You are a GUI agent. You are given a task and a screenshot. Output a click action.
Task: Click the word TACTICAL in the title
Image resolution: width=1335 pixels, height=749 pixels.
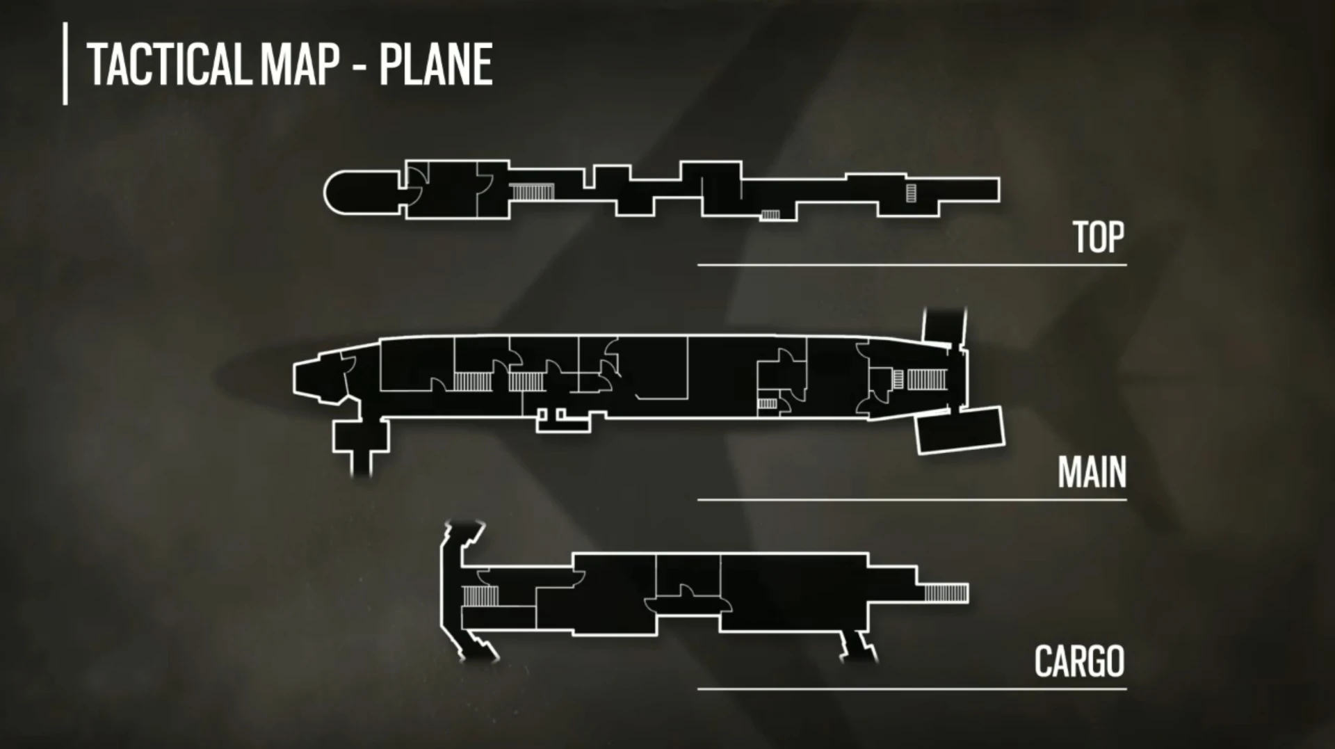pyautogui.click(x=168, y=64)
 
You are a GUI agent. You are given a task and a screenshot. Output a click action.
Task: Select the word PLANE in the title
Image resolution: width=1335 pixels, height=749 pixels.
pyautogui.click(x=435, y=64)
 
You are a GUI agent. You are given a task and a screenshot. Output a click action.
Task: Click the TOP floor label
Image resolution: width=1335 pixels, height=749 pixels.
pyautogui.click(x=1098, y=238)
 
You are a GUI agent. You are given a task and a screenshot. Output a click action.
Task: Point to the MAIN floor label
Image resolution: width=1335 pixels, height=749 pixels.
pyautogui.click(x=1092, y=473)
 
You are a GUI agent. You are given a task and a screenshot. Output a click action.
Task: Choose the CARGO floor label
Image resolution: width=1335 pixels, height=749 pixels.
pyautogui.click(x=1079, y=661)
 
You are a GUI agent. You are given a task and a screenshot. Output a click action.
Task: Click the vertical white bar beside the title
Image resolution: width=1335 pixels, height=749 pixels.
pyautogui.click(x=65, y=63)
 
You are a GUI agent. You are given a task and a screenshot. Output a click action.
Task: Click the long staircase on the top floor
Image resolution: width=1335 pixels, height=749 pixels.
pyautogui.click(x=532, y=192)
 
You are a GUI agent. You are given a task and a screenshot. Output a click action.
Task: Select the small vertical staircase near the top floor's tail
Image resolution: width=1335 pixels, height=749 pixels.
pyautogui.click(x=911, y=193)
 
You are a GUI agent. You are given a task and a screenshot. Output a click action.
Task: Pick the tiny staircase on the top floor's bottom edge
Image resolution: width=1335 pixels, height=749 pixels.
pyautogui.click(x=770, y=215)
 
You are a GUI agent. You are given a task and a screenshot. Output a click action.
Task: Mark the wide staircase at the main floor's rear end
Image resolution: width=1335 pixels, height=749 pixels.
pyautogui.click(x=927, y=380)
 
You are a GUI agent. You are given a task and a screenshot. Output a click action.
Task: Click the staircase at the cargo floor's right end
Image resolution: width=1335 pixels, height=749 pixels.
pyautogui.click(x=946, y=593)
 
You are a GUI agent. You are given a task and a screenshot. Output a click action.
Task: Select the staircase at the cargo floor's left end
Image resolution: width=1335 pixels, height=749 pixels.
pyautogui.click(x=480, y=596)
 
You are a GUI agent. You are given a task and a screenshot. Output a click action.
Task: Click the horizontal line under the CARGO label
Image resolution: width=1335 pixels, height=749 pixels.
pyautogui.click(x=912, y=689)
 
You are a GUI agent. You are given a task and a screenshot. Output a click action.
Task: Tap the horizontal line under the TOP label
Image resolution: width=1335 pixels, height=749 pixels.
pyautogui.click(x=912, y=265)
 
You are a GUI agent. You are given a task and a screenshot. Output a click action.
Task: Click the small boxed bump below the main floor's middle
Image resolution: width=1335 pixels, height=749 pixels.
pyautogui.click(x=563, y=421)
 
